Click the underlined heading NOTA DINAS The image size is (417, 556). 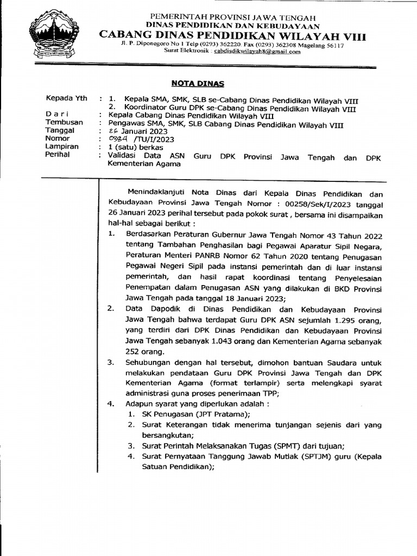(x=198, y=84)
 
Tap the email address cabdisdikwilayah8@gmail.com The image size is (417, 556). (x=256, y=52)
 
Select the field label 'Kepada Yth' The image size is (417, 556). (x=65, y=100)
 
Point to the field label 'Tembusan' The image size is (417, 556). (x=64, y=123)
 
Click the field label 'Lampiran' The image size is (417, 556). (x=62, y=147)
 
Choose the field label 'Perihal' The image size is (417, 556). (x=59, y=155)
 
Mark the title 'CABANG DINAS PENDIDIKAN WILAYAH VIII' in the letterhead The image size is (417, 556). (x=232, y=36)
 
